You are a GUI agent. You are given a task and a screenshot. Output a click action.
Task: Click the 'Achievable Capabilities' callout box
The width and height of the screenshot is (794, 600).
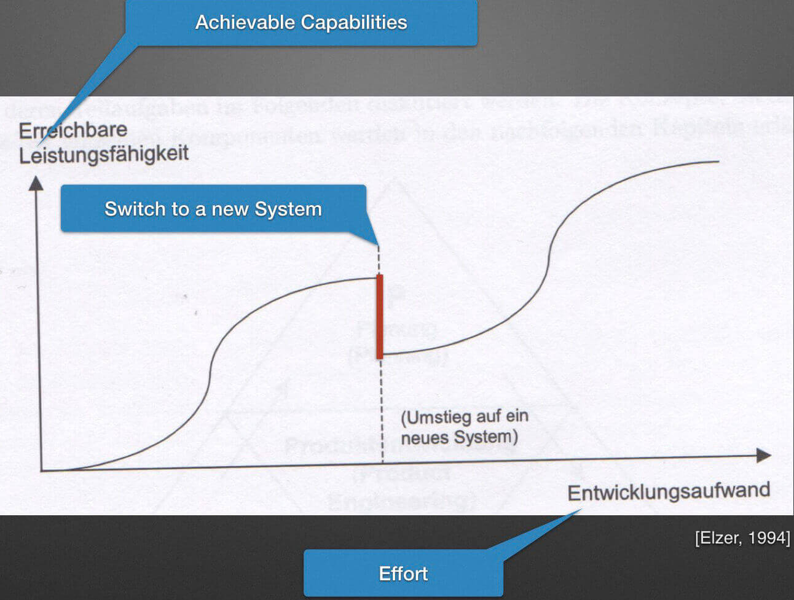click(x=301, y=23)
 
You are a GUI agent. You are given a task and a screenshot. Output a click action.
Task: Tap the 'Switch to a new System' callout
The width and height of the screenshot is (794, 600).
click(x=213, y=209)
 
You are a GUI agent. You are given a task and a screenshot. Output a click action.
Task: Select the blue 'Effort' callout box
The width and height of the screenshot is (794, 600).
click(x=403, y=574)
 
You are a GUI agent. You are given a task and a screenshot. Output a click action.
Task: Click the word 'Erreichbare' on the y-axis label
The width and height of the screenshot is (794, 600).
click(x=73, y=130)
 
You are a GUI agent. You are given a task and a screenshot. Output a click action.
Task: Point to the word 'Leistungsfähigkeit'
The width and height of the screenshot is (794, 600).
click(x=103, y=154)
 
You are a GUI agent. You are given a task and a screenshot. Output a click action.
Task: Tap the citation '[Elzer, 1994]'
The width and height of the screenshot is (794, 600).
click(x=742, y=538)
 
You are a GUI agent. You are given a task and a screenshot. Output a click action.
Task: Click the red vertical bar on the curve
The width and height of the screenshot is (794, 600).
click(x=380, y=316)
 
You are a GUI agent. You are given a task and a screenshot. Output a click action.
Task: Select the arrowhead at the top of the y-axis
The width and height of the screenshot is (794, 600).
click(x=36, y=183)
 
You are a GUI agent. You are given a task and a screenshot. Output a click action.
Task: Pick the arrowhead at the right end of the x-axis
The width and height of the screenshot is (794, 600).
click(x=764, y=455)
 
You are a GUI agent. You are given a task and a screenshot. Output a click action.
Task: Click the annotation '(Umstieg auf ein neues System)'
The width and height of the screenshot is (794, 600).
click(x=464, y=427)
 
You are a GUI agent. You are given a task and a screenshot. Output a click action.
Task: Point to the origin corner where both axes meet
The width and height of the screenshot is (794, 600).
click(x=41, y=470)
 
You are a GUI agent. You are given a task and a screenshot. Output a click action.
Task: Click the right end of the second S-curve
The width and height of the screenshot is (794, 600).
click(x=718, y=162)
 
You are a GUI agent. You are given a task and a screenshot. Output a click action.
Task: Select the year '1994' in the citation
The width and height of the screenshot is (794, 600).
click(x=769, y=538)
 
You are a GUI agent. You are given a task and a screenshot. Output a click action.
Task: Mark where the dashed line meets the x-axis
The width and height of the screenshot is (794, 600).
click(x=382, y=462)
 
